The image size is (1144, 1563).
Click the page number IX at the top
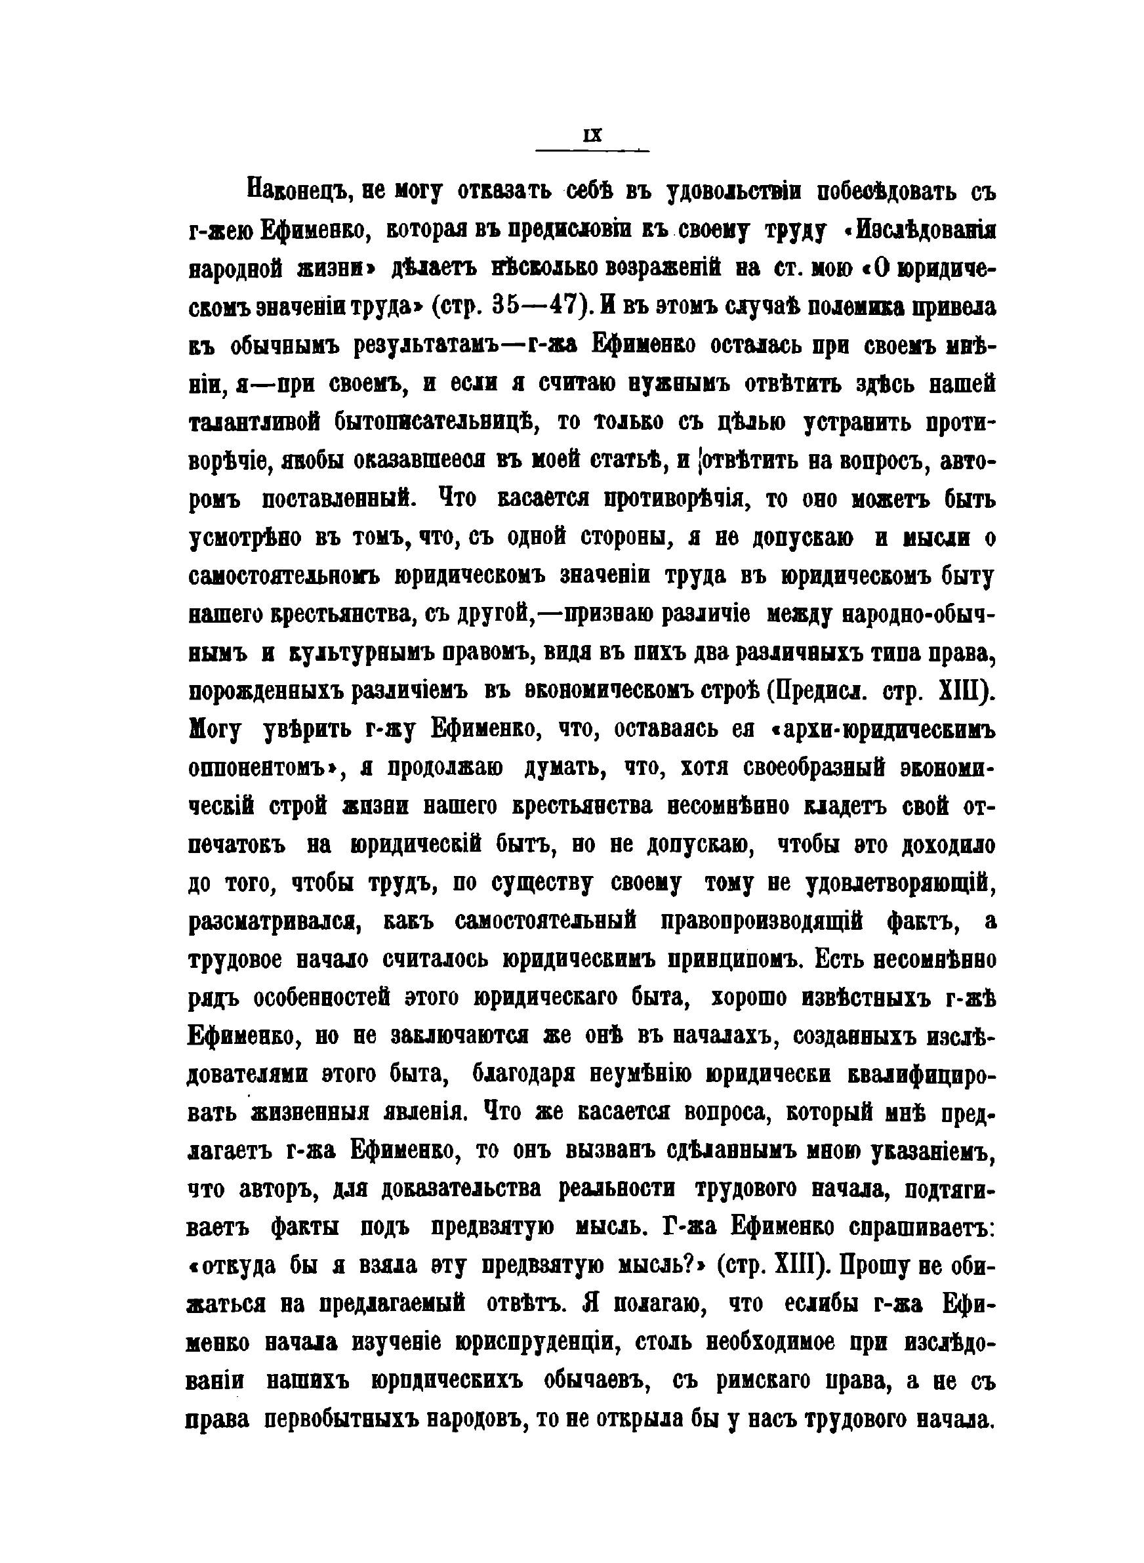tap(593, 136)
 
